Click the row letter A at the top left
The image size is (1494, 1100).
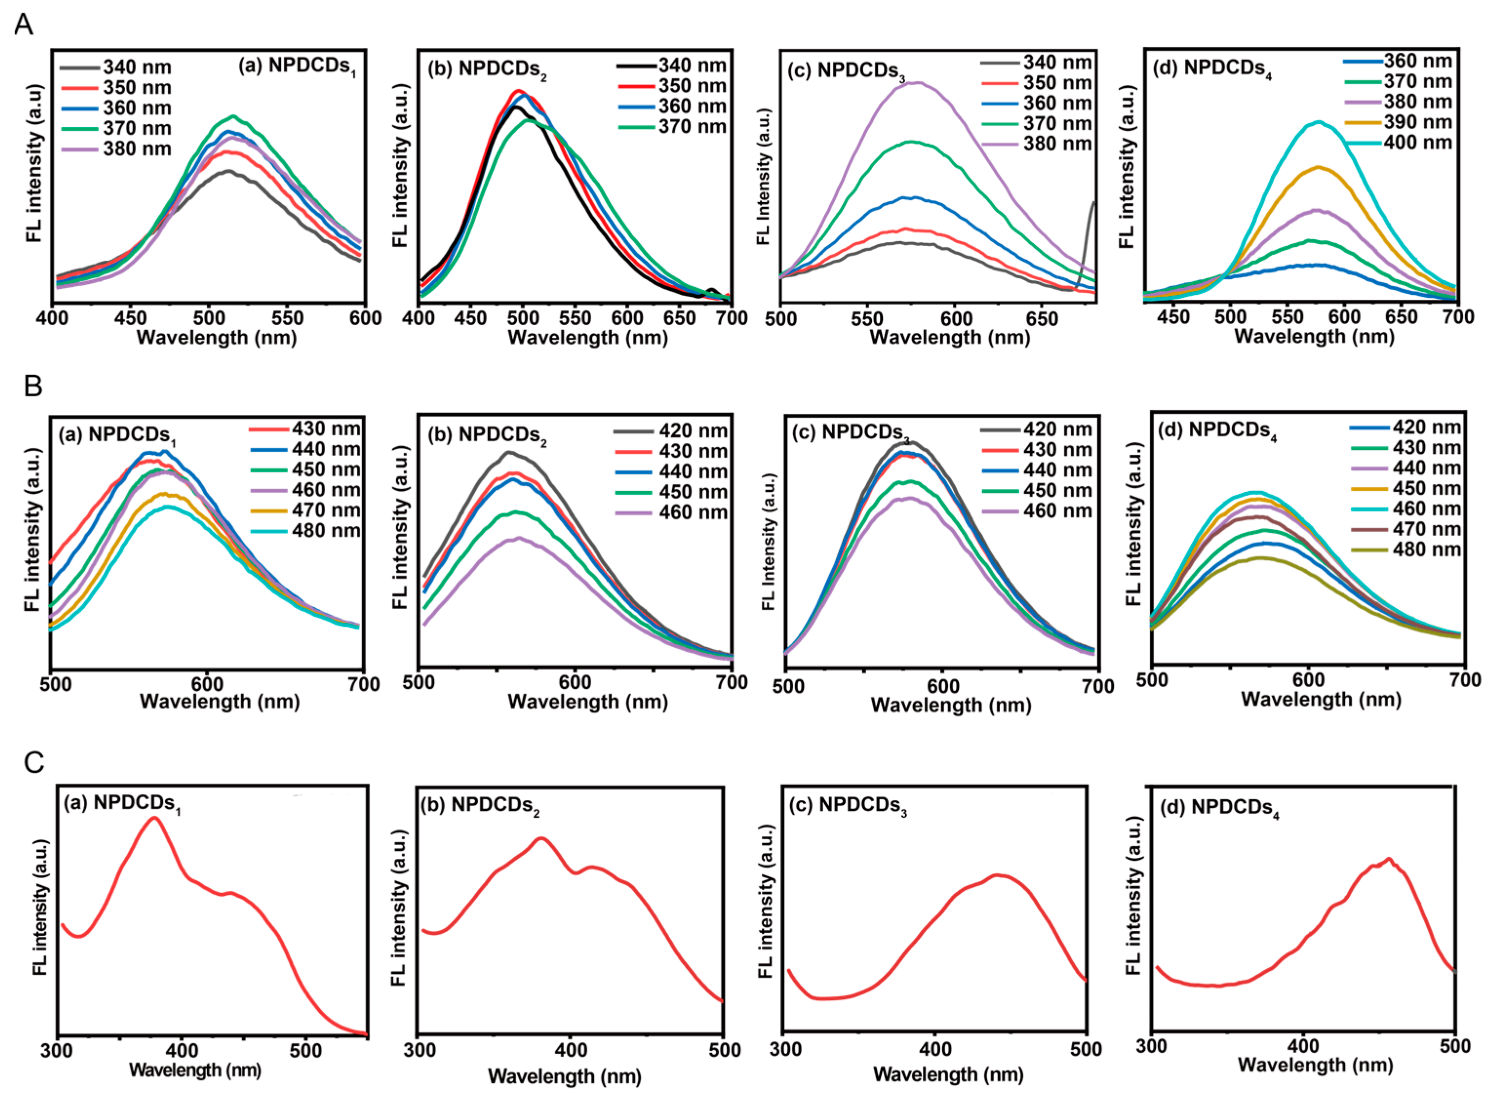tap(24, 25)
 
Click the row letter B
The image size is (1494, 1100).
tap(33, 386)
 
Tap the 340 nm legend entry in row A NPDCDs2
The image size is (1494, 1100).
tap(671, 65)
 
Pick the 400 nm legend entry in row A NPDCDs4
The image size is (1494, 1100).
tap(1397, 142)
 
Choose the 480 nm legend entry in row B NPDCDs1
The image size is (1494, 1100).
tap(306, 531)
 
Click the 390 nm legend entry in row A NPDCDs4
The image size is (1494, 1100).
tap(1397, 122)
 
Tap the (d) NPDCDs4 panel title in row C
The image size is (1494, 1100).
tap(1219, 809)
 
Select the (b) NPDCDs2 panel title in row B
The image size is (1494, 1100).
tap(486, 436)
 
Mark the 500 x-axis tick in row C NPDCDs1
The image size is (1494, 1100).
tap(306, 1050)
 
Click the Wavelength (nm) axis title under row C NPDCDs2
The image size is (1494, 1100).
tap(564, 1076)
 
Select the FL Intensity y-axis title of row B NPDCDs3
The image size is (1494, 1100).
tap(769, 541)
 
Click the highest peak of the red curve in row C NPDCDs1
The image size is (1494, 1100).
tap(155, 818)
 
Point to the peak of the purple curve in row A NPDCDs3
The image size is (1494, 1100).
tap(918, 82)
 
